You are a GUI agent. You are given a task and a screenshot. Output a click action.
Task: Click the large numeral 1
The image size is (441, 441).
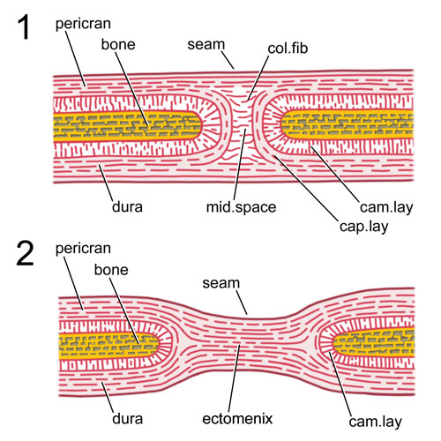pyautogui.click(x=25, y=27)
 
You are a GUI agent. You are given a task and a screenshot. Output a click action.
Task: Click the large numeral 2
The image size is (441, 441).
pyautogui.click(x=25, y=253)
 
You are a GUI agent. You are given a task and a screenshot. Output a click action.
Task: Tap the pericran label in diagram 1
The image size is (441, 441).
pyautogui.click(x=83, y=25)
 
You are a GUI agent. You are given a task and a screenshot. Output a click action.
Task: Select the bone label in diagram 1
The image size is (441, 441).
pyautogui.click(x=118, y=44)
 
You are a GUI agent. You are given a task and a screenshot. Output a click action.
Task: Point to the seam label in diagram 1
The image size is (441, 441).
pyautogui.click(x=206, y=45)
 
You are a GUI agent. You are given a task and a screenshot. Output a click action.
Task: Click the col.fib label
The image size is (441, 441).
pyautogui.click(x=288, y=49)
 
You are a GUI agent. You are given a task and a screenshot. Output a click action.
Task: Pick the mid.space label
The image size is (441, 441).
pyautogui.click(x=241, y=207)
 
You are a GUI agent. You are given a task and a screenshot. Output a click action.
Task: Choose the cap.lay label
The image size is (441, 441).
pyautogui.click(x=363, y=227)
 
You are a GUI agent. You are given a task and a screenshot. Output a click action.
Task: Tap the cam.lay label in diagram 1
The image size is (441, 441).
pyautogui.click(x=386, y=207)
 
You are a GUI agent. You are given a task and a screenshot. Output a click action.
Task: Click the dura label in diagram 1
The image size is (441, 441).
pyautogui.click(x=127, y=206)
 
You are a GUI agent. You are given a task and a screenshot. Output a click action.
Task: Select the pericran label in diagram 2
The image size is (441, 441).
pyautogui.click(x=83, y=250)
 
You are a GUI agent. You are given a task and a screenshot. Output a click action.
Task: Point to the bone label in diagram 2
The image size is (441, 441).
pyautogui.click(x=111, y=270)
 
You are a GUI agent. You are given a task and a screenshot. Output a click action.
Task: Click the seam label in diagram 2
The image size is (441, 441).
pyautogui.click(x=221, y=283)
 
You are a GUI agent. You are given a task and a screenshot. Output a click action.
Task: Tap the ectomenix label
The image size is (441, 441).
pyautogui.click(x=237, y=419)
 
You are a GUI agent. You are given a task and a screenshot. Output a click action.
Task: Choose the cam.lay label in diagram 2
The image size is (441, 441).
pyautogui.click(x=375, y=422)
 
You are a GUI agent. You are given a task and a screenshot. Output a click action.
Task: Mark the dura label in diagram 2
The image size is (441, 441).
pyautogui.click(x=127, y=419)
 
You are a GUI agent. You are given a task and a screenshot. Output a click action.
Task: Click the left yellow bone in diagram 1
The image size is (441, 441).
pyautogui.click(x=127, y=125)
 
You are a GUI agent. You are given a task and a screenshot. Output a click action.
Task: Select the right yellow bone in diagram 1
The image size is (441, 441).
pyautogui.click(x=347, y=124)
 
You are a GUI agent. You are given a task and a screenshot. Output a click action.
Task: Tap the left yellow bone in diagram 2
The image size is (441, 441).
pyautogui.click(x=108, y=345)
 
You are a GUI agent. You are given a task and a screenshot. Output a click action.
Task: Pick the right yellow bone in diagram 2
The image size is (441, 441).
pyautogui.click(x=373, y=341)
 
